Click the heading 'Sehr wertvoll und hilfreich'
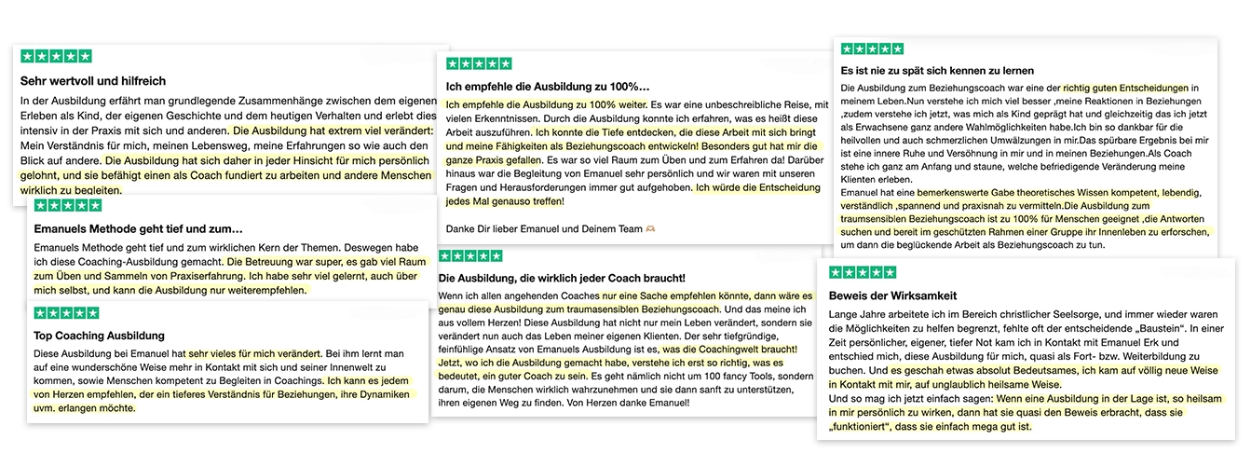93,81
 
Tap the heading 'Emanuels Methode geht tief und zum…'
138,227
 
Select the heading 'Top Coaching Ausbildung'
99,335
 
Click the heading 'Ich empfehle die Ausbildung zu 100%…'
548,87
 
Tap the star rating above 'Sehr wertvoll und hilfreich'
56,56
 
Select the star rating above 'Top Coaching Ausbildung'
66,313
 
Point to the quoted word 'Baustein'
1149,329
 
